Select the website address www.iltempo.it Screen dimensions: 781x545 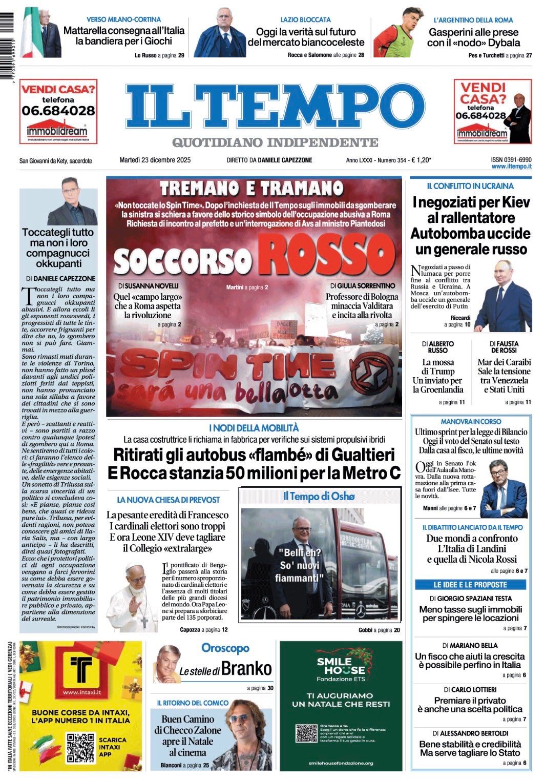[x=511, y=167]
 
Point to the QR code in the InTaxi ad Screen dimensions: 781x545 [x=80, y=748]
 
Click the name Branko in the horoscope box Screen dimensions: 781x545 [x=247, y=669]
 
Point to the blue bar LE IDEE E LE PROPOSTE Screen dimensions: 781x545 [x=470, y=585]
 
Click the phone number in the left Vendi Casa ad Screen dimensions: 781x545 [x=58, y=110]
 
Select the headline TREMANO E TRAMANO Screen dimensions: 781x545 [x=251, y=188]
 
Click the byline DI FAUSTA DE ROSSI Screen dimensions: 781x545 [x=504, y=347]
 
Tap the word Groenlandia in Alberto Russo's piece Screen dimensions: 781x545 [x=437, y=389]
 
